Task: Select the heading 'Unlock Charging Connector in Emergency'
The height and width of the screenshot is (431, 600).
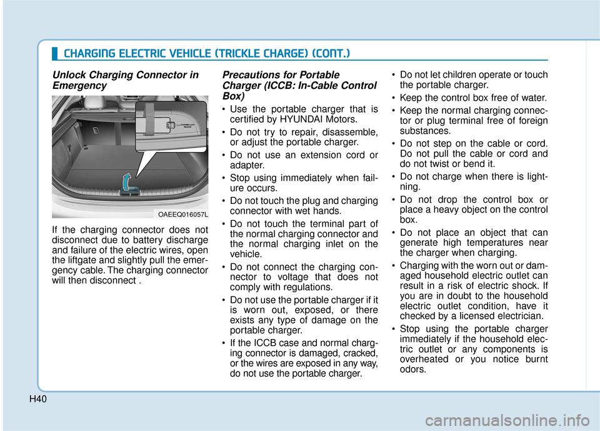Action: [x=125, y=80]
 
